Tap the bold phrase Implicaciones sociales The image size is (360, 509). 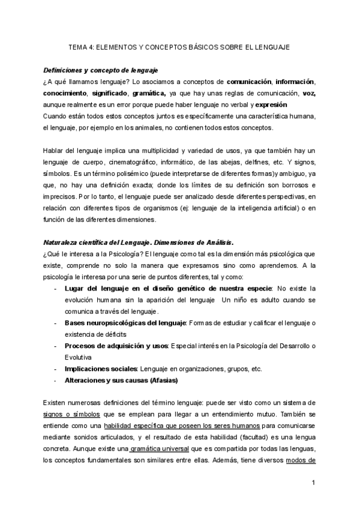coord(101,369)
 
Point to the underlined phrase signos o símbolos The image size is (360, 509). coord(67,414)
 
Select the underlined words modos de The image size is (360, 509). coord(301,460)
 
